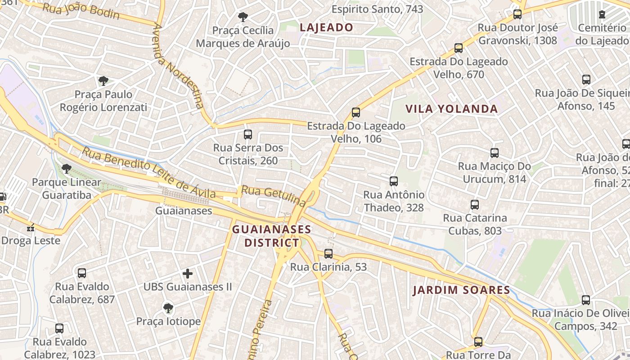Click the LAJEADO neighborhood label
coord(326,27)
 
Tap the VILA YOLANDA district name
coord(451,109)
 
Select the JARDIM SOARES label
coord(461,290)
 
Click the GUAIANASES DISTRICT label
coord(271,236)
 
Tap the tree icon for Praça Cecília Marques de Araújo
coord(243,17)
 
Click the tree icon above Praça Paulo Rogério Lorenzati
coord(103,81)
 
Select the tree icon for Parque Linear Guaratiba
coord(67,169)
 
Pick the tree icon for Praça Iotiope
coord(168,308)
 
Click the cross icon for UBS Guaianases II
coord(188,273)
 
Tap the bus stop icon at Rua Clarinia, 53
coord(328,254)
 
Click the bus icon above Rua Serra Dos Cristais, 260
coord(247,134)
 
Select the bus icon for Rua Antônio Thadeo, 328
coord(394,181)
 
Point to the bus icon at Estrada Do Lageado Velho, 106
coord(356,112)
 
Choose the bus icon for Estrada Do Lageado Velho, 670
coord(459,48)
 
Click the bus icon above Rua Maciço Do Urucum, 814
coord(495,153)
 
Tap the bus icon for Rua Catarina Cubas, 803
coord(475,205)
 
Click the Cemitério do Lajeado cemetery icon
coord(602,14)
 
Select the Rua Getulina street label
coord(273,196)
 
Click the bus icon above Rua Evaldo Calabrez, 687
coord(82,273)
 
